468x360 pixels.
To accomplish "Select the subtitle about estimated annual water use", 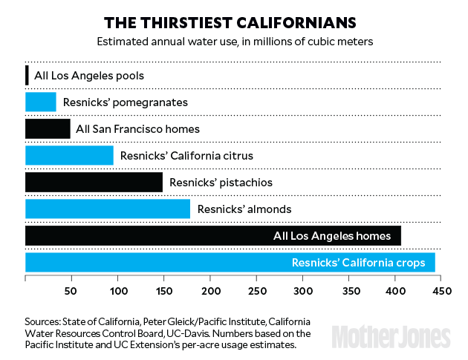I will tap(235, 41).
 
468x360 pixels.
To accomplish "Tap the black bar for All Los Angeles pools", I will tap(27, 75).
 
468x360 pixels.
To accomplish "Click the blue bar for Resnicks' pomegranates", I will tap(41, 102).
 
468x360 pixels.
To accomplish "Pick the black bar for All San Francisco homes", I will tap(48, 128).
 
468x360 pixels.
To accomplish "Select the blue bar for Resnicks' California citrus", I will tap(69, 155).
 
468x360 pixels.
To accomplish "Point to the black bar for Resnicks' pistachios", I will tap(94, 182).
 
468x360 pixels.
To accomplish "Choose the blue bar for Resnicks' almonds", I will tap(107, 209).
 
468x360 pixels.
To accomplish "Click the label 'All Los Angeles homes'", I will tap(331, 235).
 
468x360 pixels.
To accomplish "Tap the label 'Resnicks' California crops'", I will tap(363, 262).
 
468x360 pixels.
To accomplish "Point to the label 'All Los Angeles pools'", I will tap(89, 75).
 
